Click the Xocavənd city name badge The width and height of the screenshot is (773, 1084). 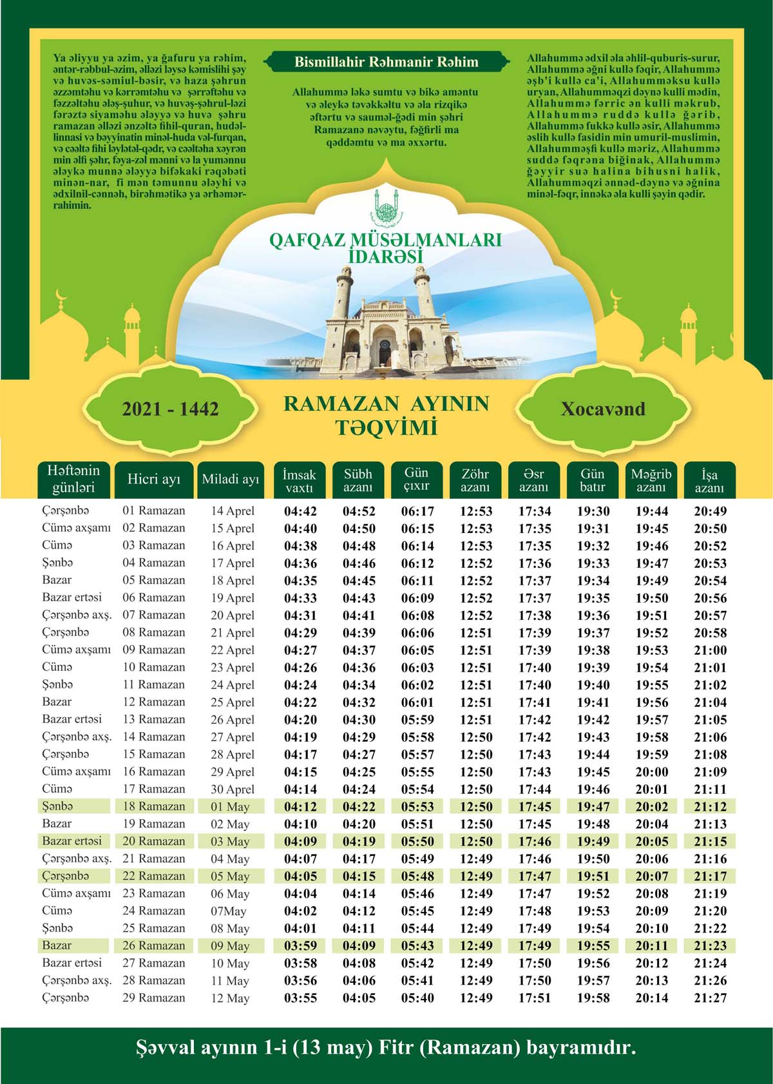pos(602,409)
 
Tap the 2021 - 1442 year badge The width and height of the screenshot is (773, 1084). pos(171,409)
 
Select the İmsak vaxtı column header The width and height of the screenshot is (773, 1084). pos(300,481)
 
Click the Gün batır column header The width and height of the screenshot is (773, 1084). pos(592,481)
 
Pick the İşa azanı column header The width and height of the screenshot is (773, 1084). pos(709,481)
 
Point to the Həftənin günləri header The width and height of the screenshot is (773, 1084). pos(73,479)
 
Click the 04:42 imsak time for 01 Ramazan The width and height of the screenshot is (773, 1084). pos(300,512)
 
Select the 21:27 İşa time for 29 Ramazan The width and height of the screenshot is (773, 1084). pos(711,998)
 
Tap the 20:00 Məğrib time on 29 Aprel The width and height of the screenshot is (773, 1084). pos(651,772)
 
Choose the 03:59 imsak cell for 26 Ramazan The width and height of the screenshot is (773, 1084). pos(300,946)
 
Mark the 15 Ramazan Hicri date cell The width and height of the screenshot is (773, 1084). pos(154,754)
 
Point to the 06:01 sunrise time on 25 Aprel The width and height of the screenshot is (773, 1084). pos(417,702)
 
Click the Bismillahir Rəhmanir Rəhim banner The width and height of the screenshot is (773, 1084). pos(386,63)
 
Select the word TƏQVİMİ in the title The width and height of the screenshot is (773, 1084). pos(386,427)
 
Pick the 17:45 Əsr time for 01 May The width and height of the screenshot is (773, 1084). pos(534,807)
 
